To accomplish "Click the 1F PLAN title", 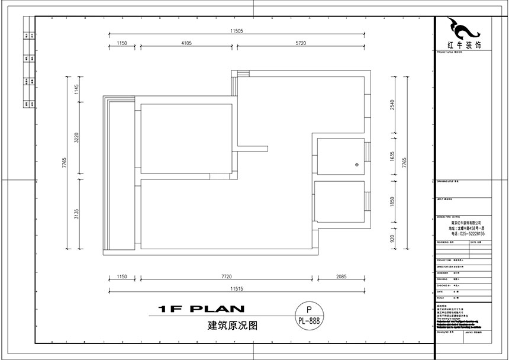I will click(202, 308).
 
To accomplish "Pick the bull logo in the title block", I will click(462, 28).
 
